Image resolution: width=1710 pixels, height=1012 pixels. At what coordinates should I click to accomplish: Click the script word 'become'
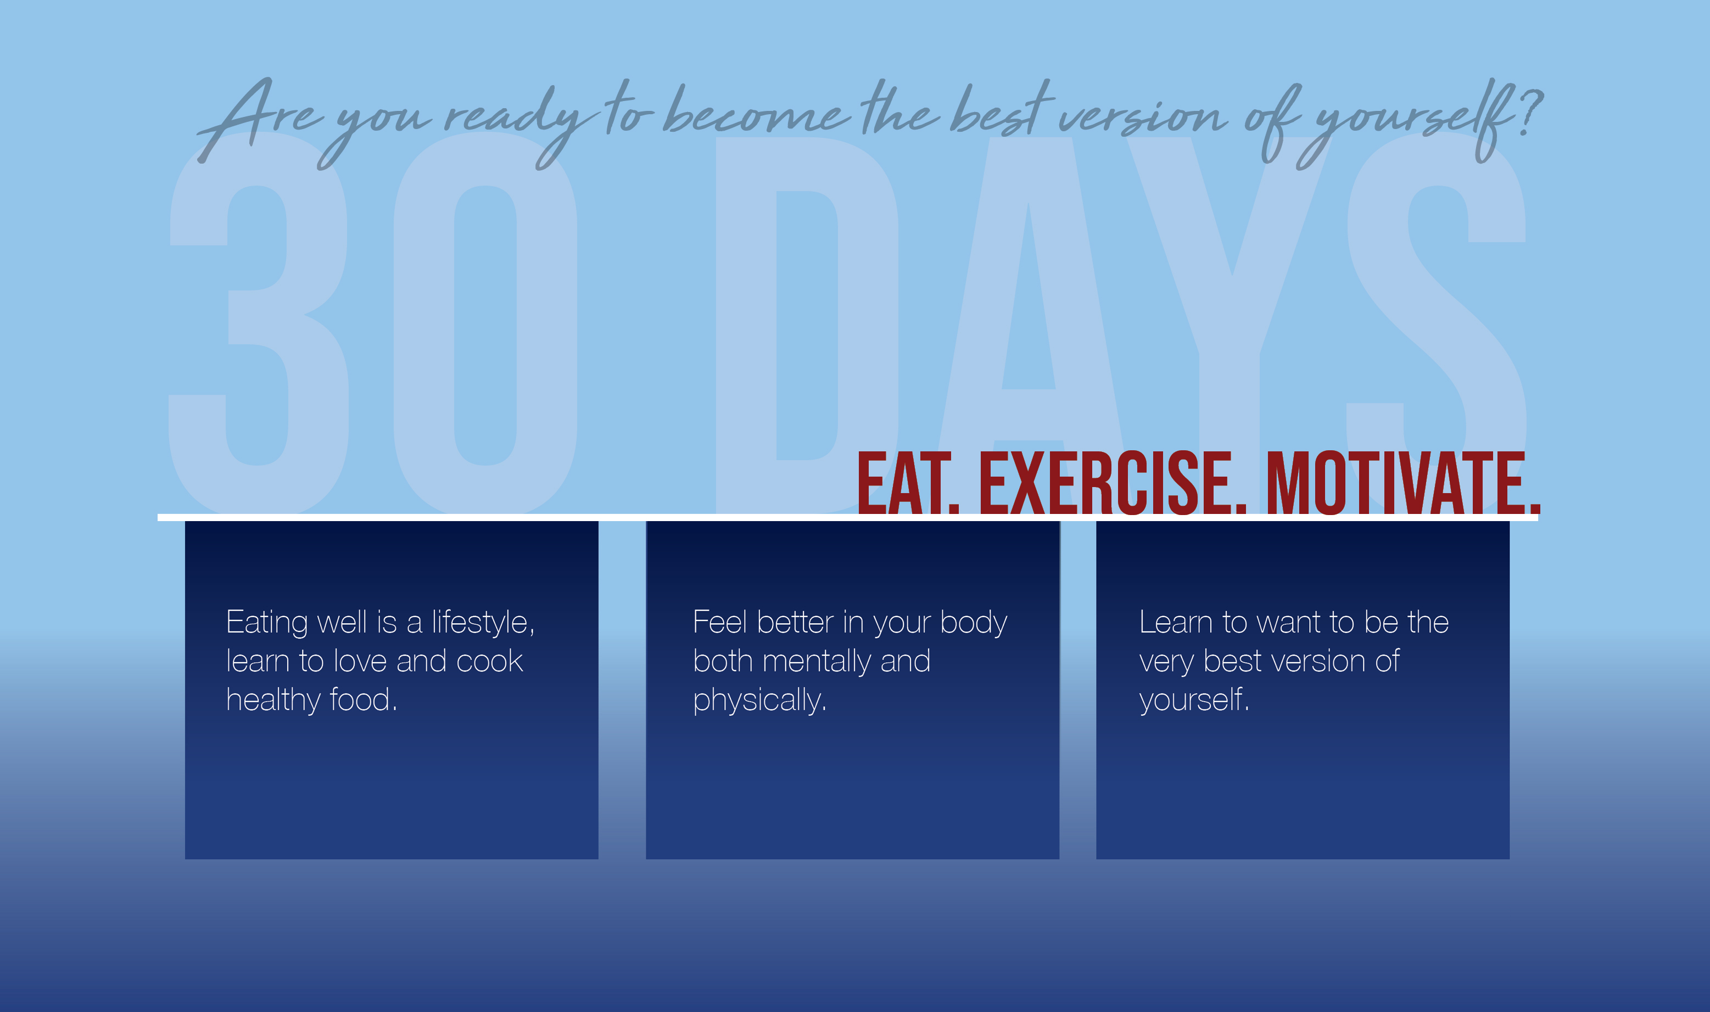pyautogui.click(x=757, y=110)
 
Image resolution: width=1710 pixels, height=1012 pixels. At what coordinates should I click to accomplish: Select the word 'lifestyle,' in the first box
pyautogui.click(x=483, y=622)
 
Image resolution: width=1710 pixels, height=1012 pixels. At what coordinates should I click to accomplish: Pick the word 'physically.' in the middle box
pyautogui.click(x=759, y=700)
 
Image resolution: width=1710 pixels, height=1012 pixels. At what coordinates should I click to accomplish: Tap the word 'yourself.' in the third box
pyautogui.click(x=1194, y=700)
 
